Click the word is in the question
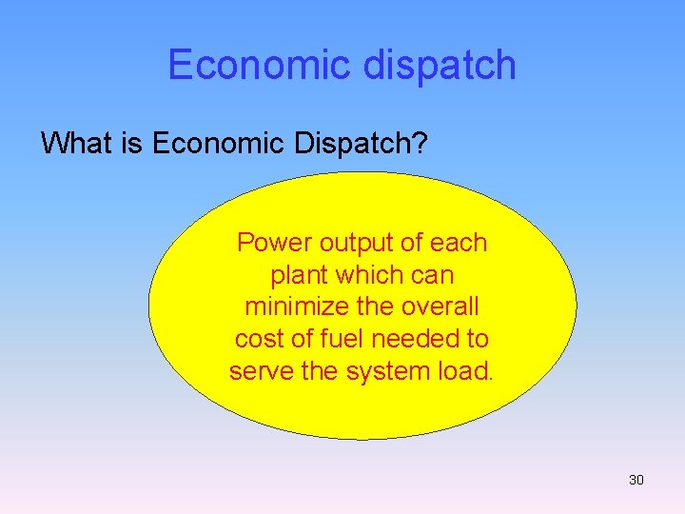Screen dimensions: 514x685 (x=129, y=143)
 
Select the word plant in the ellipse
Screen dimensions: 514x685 (x=296, y=275)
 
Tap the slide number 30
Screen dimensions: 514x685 (x=636, y=480)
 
